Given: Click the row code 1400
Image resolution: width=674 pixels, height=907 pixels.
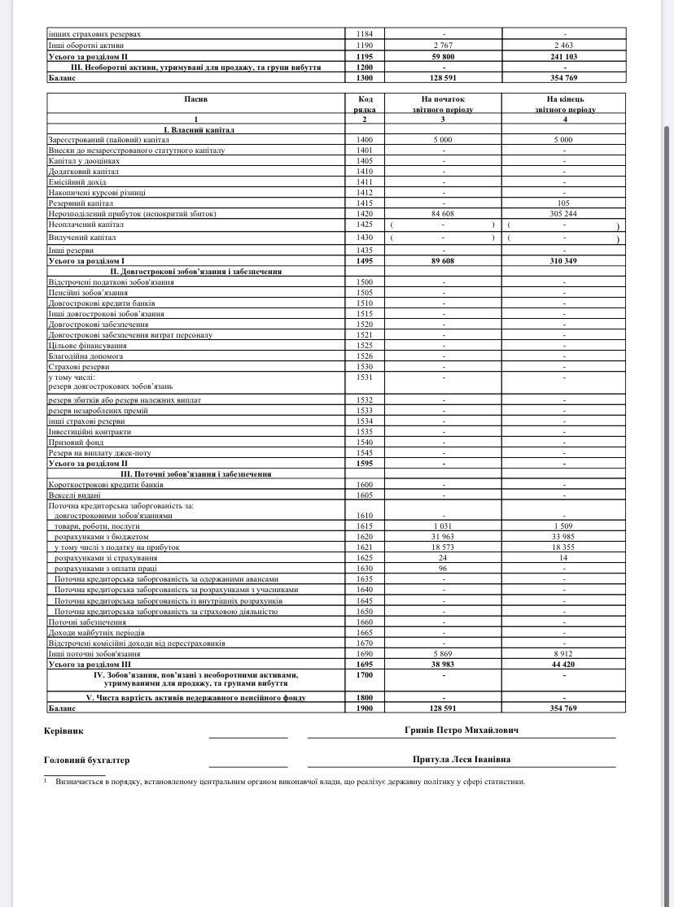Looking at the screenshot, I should [364, 140].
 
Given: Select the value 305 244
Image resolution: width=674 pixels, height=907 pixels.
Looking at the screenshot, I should [564, 213].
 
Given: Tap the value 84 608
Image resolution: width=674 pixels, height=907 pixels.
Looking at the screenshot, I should [443, 213].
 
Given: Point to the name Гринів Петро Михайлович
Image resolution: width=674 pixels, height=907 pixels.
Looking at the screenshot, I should [462, 730].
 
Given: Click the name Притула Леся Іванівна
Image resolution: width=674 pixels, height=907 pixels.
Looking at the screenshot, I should [462, 760].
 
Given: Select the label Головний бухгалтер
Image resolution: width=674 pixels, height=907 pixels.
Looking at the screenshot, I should [86, 761].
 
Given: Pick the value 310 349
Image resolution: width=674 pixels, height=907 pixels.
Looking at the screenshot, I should [564, 260].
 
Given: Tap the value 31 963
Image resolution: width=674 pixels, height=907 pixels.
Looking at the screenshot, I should [443, 537].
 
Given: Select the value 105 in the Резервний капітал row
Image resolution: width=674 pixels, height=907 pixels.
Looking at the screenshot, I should [564, 203].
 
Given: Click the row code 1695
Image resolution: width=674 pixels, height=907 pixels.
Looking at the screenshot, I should [364, 665].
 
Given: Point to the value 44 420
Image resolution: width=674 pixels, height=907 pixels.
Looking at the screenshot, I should [564, 665].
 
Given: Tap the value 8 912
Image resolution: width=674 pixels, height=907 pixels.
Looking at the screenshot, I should [564, 654].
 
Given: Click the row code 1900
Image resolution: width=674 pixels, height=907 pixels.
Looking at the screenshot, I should [364, 709].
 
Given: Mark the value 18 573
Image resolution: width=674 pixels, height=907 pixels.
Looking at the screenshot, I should [443, 547].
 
